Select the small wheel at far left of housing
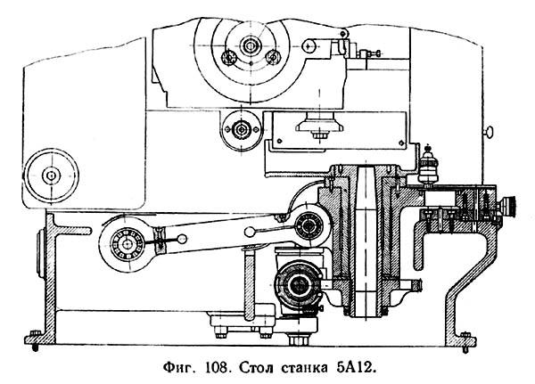click(50, 171)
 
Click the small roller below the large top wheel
click(240, 128)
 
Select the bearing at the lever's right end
click(309, 219)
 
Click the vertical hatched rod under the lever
click(247, 285)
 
